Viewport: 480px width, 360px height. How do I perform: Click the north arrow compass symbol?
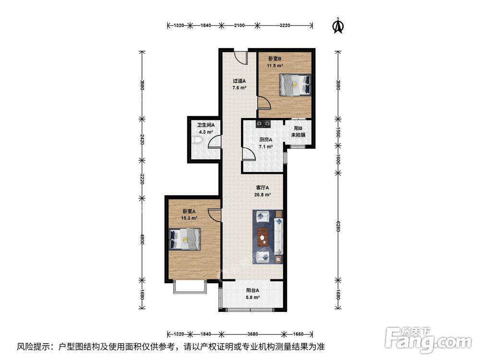338,26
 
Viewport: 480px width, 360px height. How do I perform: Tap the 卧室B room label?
275,59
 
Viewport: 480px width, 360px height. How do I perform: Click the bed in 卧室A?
185,239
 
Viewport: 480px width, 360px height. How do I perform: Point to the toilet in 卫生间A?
195,140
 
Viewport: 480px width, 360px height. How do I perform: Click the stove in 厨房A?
263,125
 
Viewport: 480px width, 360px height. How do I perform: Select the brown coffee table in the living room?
263,236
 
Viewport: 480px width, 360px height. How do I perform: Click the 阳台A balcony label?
253,290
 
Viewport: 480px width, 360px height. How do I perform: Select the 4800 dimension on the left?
142,239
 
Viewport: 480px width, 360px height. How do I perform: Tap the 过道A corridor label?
240,81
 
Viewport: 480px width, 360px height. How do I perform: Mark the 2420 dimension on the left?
142,139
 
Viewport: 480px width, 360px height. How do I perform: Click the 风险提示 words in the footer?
34,346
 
